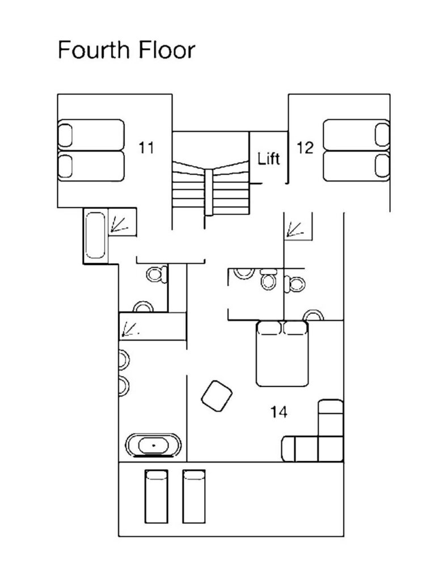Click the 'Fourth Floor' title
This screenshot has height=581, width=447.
coord(126,50)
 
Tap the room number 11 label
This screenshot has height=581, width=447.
coord(146,148)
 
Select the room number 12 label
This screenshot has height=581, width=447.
coord(305,148)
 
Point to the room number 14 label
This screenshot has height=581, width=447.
coord(279,412)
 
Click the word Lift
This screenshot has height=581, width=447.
coord(269,159)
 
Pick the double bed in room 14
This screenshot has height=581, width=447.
coord(282,354)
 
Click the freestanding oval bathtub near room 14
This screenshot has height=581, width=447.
coord(154,445)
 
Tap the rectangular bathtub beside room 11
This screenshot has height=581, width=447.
coord(95,235)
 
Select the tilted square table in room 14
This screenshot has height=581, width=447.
coord(217,395)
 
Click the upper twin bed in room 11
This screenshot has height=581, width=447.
coord(91,135)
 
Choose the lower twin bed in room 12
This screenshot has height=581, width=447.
coord(356,166)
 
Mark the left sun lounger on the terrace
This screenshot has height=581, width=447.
coord(156,496)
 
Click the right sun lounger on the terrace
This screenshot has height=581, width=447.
coord(193,496)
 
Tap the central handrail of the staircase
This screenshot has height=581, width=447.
coord(209,192)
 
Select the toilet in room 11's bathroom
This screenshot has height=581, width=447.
coord(157,274)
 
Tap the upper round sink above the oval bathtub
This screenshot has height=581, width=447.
coord(124,360)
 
